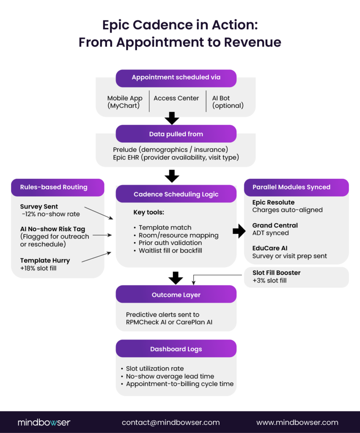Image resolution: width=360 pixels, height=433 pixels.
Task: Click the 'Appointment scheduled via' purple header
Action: (176, 78)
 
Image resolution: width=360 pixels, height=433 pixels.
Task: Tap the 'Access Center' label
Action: (176, 98)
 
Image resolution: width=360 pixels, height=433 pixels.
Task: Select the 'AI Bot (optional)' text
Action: (228, 102)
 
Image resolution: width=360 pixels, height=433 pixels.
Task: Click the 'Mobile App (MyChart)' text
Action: (125, 102)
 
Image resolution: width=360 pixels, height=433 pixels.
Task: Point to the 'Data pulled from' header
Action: (176, 134)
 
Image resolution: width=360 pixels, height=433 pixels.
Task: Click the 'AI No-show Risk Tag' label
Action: (52, 229)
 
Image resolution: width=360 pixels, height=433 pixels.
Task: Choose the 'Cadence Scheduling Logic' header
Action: (176, 194)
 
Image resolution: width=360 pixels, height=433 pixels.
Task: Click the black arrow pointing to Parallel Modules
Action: (239, 231)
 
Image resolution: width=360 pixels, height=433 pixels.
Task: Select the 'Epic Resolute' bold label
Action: (273, 203)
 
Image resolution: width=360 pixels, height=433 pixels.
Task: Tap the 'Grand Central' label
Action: (275, 225)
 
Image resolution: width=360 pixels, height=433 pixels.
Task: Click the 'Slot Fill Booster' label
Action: (276, 273)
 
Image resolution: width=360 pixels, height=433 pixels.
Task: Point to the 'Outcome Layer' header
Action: (176, 294)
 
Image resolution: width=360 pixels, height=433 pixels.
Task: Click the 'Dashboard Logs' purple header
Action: (176, 349)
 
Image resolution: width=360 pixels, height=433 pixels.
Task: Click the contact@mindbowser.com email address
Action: (170, 422)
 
